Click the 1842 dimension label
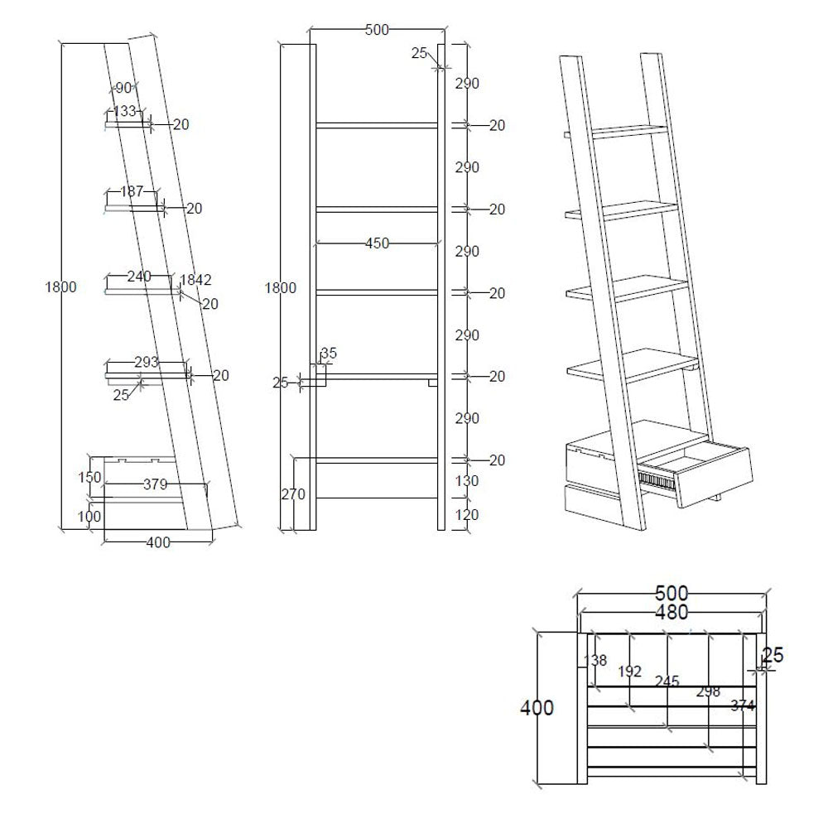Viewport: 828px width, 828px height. (x=196, y=279)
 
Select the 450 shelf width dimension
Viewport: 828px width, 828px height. (x=377, y=243)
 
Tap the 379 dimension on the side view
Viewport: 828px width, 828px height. (x=156, y=484)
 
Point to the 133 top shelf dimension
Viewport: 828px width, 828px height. (x=125, y=111)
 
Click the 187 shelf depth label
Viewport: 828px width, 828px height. (x=132, y=191)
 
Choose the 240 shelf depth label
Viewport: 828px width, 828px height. (x=139, y=277)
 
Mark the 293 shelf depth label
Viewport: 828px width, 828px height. (x=147, y=362)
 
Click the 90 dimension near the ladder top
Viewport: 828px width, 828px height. (x=123, y=88)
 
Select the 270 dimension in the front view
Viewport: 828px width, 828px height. (x=293, y=494)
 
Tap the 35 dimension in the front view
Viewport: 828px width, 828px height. (x=329, y=354)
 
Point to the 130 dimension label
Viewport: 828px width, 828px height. (x=467, y=481)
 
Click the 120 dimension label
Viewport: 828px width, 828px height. (x=467, y=514)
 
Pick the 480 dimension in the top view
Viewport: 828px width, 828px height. (x=672, y=613)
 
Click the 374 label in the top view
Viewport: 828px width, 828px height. (x=743, y=705)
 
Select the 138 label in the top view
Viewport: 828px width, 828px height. (x=595, y=660)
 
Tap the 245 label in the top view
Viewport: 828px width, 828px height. (x=667, y=681)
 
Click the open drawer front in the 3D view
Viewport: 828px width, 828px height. (x=714, y=478)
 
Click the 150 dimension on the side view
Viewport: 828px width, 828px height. (x=89, y=478)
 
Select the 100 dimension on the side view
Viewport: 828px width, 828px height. (x=89, y=516)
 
